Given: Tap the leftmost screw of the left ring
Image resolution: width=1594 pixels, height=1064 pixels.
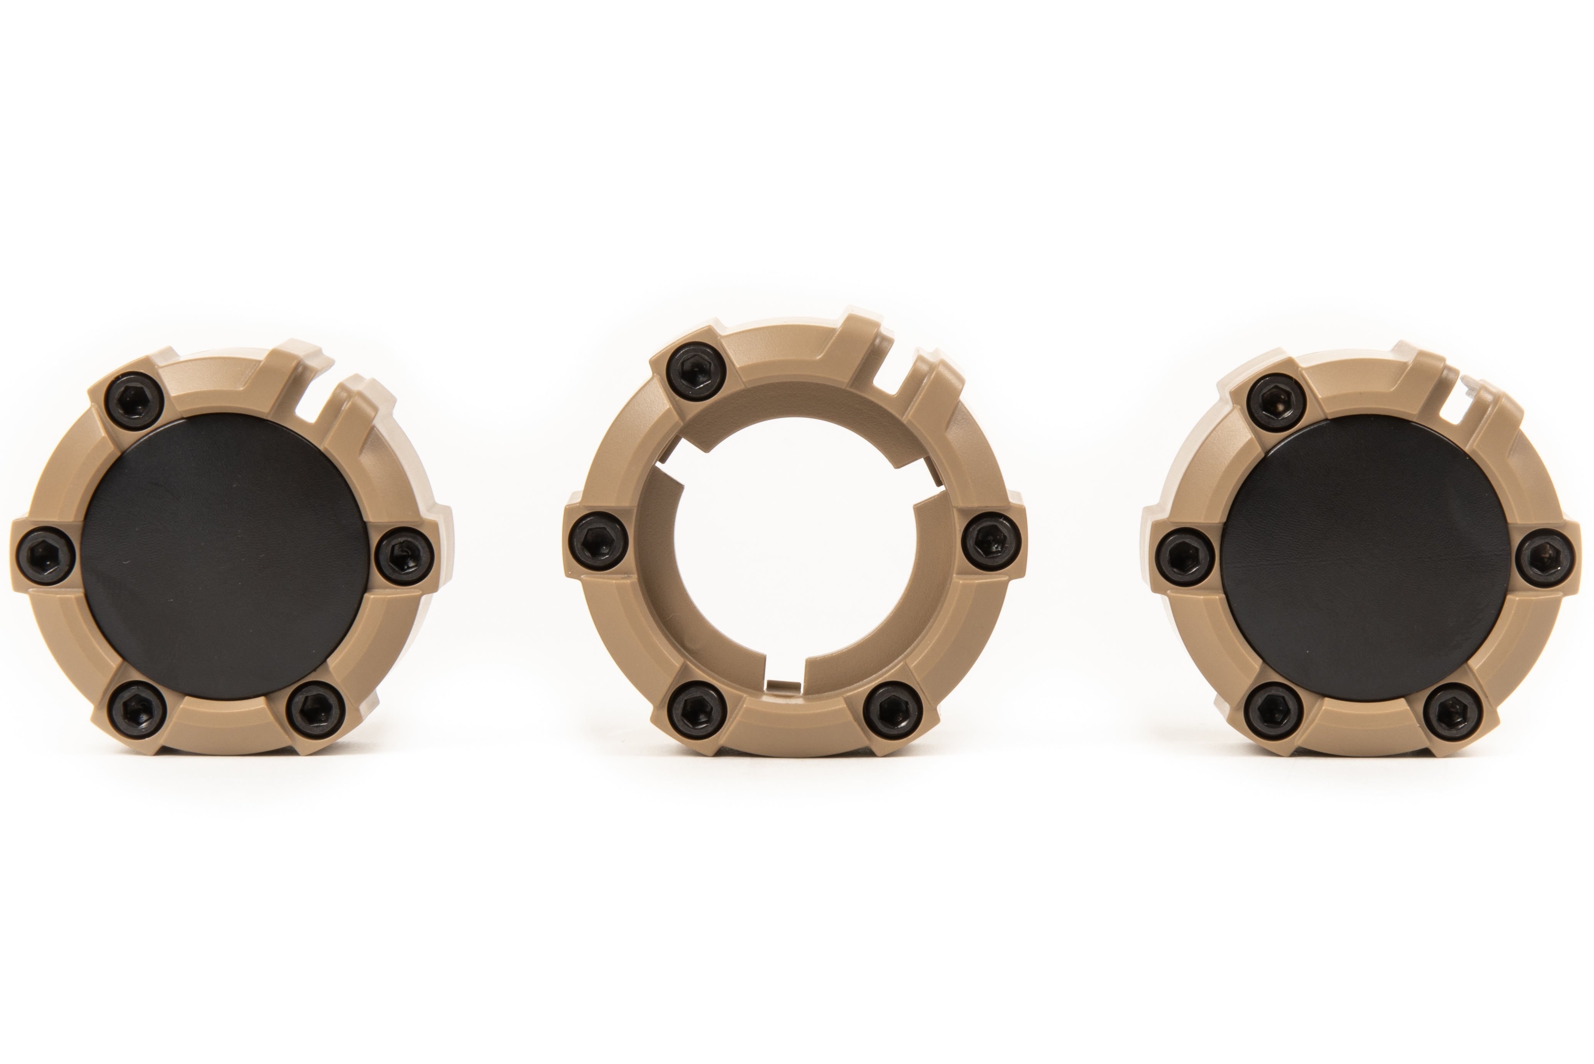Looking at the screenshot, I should [x=42, y=556].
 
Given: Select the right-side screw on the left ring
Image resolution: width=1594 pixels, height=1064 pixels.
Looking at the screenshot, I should [x=405, y=556].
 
